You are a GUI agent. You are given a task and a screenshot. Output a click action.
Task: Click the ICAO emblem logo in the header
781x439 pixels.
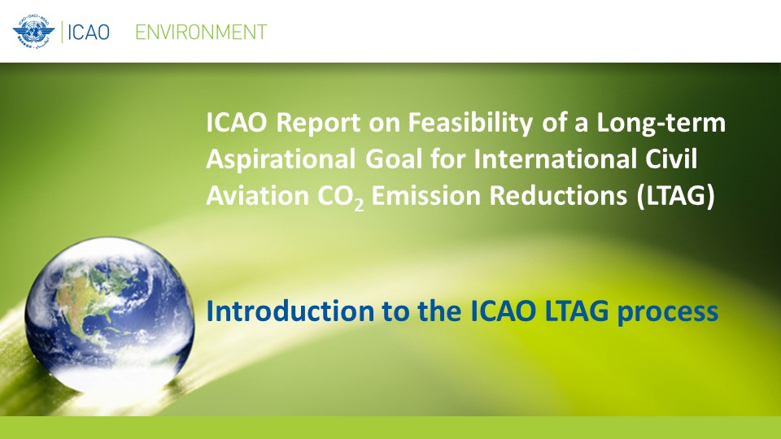point(34,32)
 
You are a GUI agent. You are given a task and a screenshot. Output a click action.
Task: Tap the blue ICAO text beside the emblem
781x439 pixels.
point(89,33)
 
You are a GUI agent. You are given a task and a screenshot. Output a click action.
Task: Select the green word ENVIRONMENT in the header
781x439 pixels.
point(201,33)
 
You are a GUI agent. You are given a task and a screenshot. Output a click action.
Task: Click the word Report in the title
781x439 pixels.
point(318,123)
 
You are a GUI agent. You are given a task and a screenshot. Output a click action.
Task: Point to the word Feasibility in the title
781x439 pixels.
point(470,123)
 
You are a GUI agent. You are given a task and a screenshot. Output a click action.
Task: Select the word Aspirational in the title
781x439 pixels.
point(281,159)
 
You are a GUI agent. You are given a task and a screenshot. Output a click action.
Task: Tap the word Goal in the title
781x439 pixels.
point(395,159)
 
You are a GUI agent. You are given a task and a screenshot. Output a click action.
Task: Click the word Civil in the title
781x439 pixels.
point(671,159)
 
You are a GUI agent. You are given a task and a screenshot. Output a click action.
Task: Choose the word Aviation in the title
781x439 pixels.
point(258,195)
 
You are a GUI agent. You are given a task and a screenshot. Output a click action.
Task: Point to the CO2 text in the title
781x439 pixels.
point(341,197)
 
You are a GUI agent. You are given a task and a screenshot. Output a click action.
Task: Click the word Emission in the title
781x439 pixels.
point(426,195)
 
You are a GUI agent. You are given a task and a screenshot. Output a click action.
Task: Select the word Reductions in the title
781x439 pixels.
point(558,195)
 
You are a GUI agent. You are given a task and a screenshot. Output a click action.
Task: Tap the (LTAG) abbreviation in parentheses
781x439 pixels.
point(675,196)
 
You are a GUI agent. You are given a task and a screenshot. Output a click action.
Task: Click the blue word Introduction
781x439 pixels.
point(290,311)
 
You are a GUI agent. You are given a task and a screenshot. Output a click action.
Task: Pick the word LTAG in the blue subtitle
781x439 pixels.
point(577,311)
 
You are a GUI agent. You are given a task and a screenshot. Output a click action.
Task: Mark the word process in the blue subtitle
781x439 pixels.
point(667,313)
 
